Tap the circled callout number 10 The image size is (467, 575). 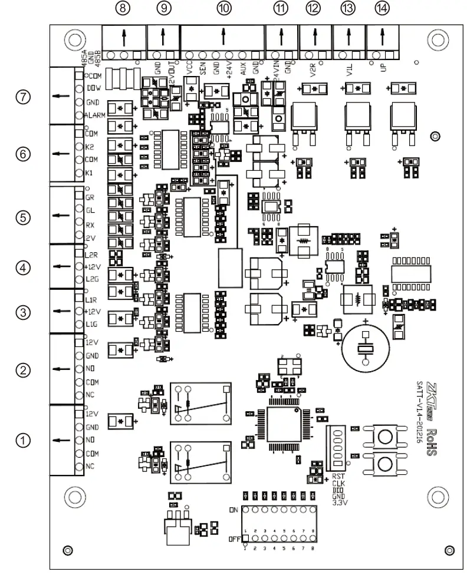click(223, 8)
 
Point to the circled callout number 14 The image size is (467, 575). click(382, 8)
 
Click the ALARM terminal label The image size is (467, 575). click(94, 115)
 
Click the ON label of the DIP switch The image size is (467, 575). click(233, 510)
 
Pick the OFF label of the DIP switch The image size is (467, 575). click(233, 539)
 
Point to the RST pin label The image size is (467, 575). click(338, 477)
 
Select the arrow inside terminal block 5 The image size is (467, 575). click(59, 215)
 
